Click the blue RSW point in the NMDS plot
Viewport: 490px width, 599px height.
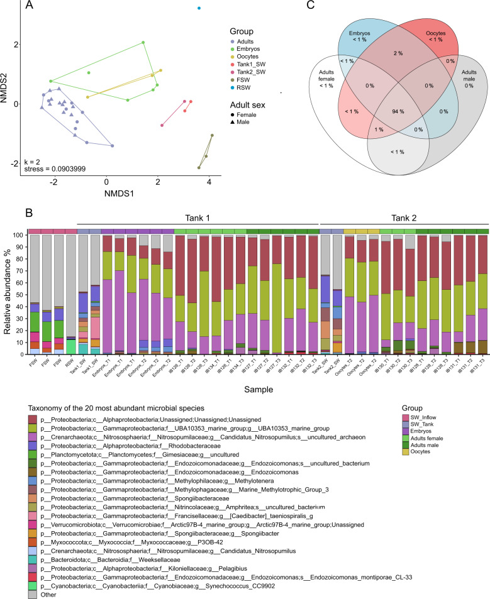[199, 8]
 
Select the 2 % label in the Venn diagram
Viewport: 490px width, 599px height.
[381, 53]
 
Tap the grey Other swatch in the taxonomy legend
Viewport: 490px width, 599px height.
[31, 576]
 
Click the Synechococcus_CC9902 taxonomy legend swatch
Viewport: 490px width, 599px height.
[31, 566]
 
